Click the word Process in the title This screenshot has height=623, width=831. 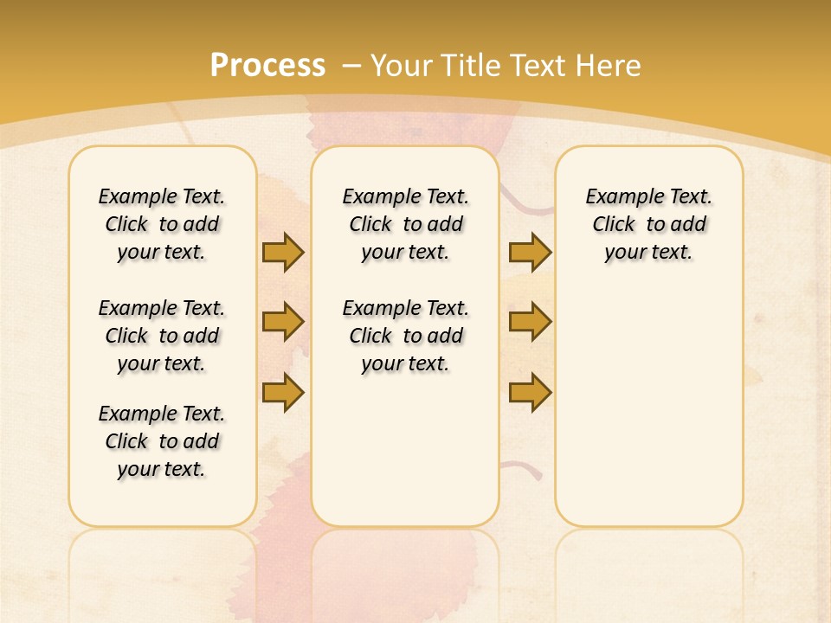267,65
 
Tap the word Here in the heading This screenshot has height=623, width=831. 609,65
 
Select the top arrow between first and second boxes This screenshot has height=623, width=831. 283,252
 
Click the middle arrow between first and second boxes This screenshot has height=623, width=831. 283,322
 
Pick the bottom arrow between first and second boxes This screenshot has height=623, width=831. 283,393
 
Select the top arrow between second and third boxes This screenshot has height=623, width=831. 530,252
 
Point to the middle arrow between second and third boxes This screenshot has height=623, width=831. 530,322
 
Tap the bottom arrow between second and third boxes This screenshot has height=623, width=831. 530,393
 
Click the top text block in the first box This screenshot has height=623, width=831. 162,224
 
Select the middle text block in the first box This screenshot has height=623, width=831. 162,336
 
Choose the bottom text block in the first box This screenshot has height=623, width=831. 162,441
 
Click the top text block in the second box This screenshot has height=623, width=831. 406,224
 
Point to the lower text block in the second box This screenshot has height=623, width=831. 406,336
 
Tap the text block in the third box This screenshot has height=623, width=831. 649,224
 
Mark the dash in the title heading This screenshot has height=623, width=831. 351,65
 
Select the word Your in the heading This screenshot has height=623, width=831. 403,65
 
